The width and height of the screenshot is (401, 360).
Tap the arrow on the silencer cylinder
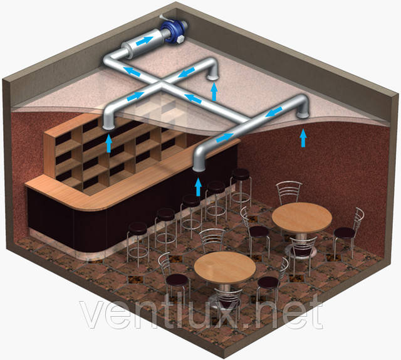click(x=145, y=41)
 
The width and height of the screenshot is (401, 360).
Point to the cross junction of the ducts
click(x=162, y=83)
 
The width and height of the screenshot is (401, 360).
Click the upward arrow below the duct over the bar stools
click(x=198, y=187)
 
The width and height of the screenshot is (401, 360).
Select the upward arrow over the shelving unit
click(x=109, y=144)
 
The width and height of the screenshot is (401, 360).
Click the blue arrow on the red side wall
click(x=303, y=138)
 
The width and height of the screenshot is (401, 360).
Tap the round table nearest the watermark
click(x=225, y=267)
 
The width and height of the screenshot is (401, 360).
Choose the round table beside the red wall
click(x=302, y=218)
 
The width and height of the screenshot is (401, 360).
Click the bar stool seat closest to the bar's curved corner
click(x=138, y=228)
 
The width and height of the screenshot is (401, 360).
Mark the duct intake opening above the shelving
click(x=108, y=127)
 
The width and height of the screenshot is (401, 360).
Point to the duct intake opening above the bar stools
click(x=199, y=168)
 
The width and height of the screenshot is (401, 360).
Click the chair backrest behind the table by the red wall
click(x=289, y=192)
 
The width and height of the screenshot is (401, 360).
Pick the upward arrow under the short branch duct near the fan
click(x=214, y=92)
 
